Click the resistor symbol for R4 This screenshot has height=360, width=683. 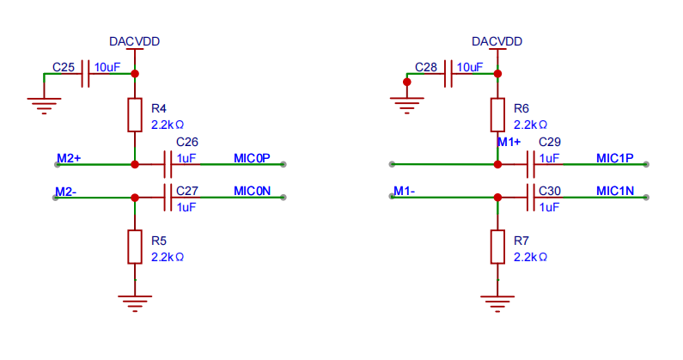[x=135, y=115]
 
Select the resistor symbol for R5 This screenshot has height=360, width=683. [x=135, y=247]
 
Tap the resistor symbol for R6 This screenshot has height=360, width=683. [x=497, y=115]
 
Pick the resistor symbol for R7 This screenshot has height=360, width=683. [x=497, y=247]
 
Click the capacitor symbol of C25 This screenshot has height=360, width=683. [x=85, y=74]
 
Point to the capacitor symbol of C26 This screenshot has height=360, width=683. [x=168, y=164]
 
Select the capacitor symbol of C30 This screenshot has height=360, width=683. [x=531, y=198]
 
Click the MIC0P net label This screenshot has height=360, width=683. [x=252, y=158]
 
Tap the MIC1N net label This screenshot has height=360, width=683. [x=614, y=191]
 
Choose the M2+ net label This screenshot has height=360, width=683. [x=69, y=158]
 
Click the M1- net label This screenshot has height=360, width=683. [x=405, y=191]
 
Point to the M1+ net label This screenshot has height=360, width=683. [x=509, y=142]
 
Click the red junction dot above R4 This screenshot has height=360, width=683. [x=135, y=74]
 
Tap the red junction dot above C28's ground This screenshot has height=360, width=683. [x=407, y=82]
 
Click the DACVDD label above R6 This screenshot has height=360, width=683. [x=497, y=41]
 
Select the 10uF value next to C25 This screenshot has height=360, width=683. [x=107, y=67]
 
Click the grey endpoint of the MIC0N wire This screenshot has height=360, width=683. [x=284, y=198]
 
